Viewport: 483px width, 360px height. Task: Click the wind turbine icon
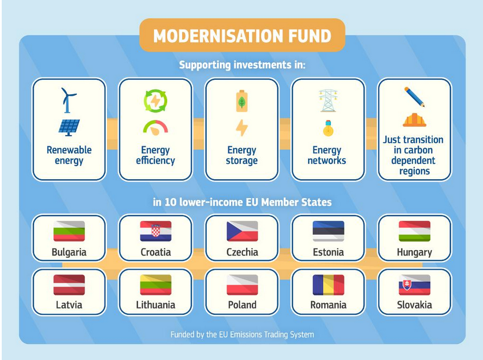click(x=68, y=101)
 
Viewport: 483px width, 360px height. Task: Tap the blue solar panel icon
click(x=69, y=128)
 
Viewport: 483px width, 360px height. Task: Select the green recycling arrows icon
click(x=155, y=101)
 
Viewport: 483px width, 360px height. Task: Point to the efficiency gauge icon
click(x=155, y=128)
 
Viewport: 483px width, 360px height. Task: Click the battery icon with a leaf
click(x=242, y=101)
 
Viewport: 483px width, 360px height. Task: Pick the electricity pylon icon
click(x=328, y=101)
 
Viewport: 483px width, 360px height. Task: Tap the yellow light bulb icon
click(x=328, y=128)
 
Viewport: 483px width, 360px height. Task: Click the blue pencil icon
click(x=415, y=97)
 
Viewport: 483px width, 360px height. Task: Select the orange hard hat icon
click(x=415, y=120)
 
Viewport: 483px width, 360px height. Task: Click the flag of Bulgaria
click(x=69, y=231)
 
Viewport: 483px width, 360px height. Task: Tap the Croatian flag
click(x=155, y=231)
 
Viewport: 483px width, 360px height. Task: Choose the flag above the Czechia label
click(x=242, y=231)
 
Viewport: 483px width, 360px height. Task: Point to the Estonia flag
click(x=328, y=231)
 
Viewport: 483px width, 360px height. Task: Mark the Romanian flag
click(x=328, y=285)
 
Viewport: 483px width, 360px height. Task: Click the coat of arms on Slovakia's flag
click(x=407, y=285)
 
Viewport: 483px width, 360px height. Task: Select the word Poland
click(x=242, y=305)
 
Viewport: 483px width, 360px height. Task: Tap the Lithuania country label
click(x=155, y=305)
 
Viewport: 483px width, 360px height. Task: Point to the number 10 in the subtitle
click(x=170, y=202)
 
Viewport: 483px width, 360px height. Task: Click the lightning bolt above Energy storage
click(x=242, y=128)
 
